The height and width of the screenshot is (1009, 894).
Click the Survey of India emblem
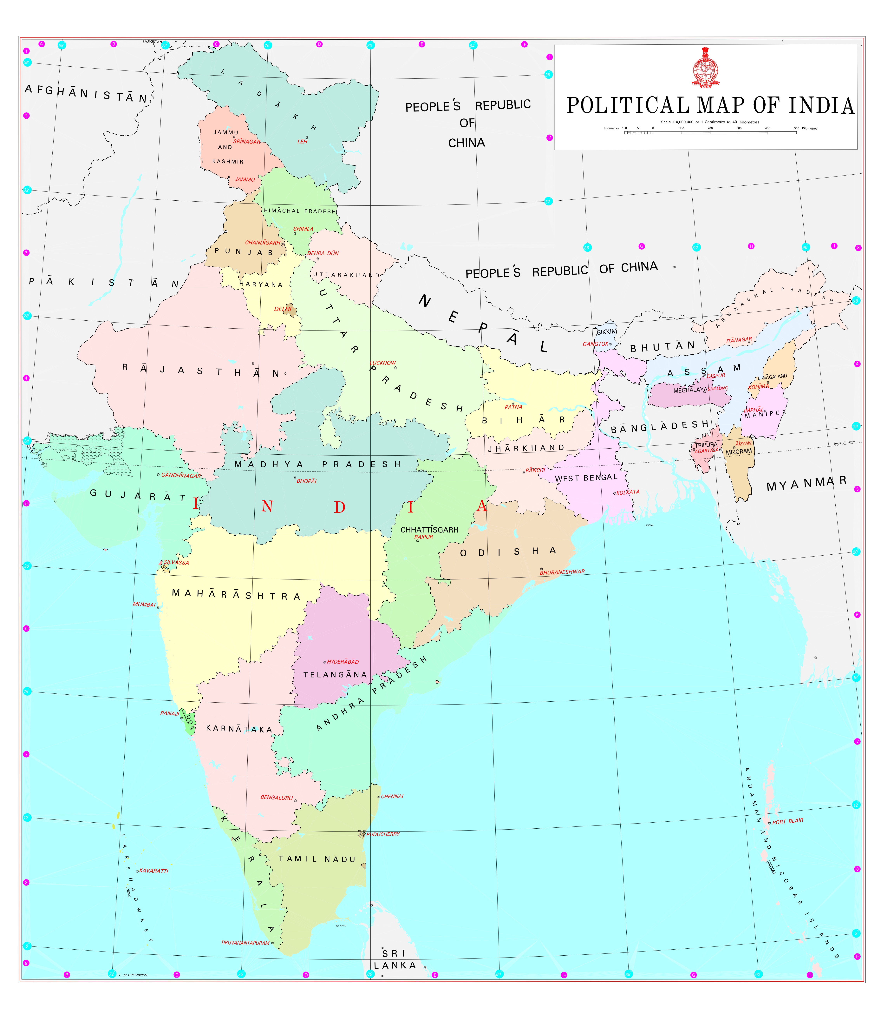coord(705,68)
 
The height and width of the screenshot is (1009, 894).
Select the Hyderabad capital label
coord(343,661)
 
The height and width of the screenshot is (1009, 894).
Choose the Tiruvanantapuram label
coord(245,943)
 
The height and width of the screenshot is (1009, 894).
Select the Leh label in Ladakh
coord(302,142)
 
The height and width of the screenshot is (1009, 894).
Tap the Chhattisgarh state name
coord(429,530)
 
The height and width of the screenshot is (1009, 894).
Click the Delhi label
coord(283,309)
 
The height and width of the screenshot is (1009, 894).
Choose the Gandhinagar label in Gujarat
coord(181,475)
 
